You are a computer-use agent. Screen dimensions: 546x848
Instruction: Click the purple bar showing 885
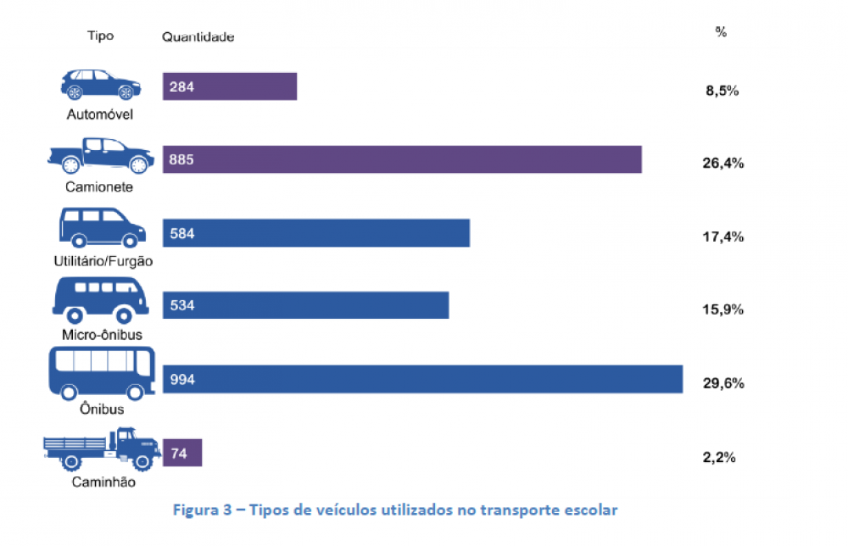[x=402, y=159]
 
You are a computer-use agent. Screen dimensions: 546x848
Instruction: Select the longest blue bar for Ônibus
[x=422, y=379]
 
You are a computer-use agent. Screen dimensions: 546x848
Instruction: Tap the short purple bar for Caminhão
[x=182, y=452]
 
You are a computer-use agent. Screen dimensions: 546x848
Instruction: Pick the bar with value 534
[x=305, y=305]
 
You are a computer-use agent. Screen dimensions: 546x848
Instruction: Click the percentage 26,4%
[x=722, y=163]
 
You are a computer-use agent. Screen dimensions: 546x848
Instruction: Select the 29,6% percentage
[x=722, y=383]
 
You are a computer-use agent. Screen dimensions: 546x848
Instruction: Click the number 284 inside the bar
[x=181, y=86]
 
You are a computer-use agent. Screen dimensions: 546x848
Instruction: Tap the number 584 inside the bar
[x=182, y=233]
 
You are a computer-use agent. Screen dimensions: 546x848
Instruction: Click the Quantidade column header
[x=198, y=37]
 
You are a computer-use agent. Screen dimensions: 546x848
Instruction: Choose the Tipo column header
[x=100, y=36]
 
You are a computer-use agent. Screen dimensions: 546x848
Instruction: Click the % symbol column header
[x=721, y=32]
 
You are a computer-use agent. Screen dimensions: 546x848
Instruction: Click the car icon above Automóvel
[x=100, y=84]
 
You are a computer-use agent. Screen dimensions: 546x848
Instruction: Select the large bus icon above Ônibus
[x=99, y=373]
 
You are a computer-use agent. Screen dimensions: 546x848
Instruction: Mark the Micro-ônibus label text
[x=103, y=334]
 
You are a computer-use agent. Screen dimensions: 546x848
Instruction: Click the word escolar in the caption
[x=595, y=510]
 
